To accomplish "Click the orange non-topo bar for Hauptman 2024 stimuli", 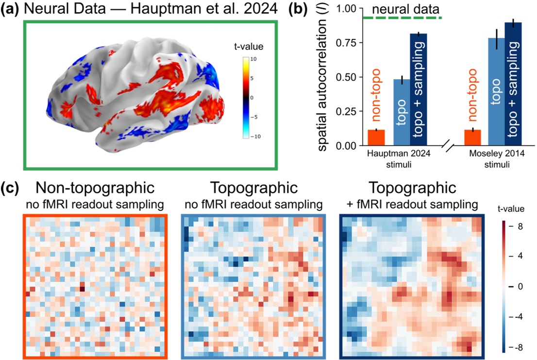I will (x=376, y=137).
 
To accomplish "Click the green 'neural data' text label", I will (x=403, y=8).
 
